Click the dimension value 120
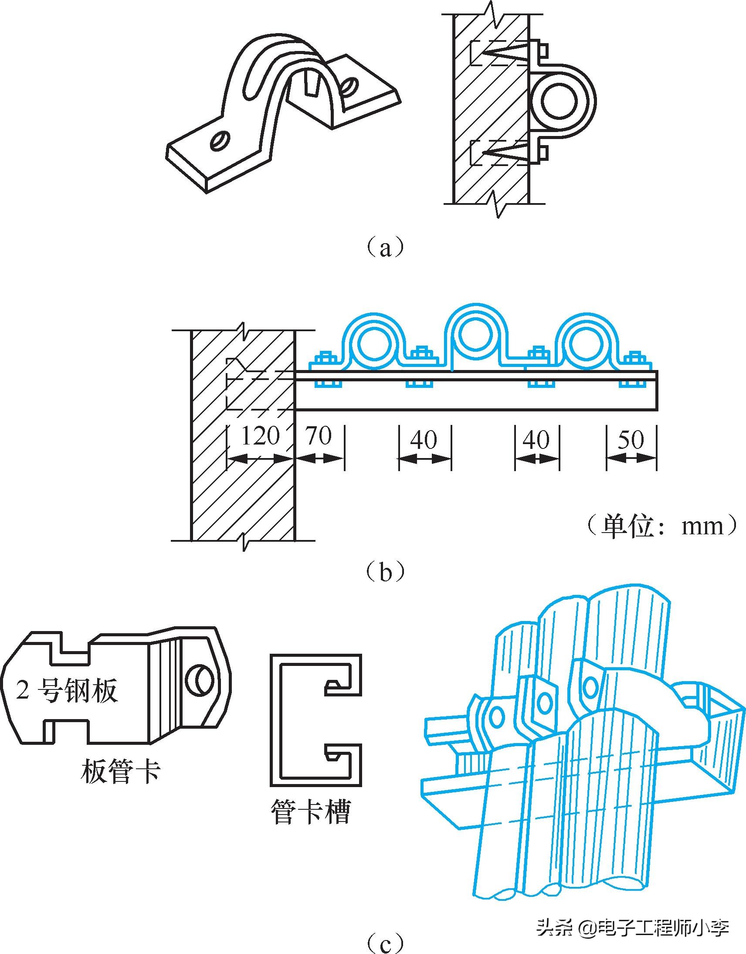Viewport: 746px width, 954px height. point(260,436)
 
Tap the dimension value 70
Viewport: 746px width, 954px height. point(319,436)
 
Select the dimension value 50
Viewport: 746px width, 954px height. point(631,439)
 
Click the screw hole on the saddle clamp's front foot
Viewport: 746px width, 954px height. point(218,141)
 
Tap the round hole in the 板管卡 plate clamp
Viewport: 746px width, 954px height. point(200,681)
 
